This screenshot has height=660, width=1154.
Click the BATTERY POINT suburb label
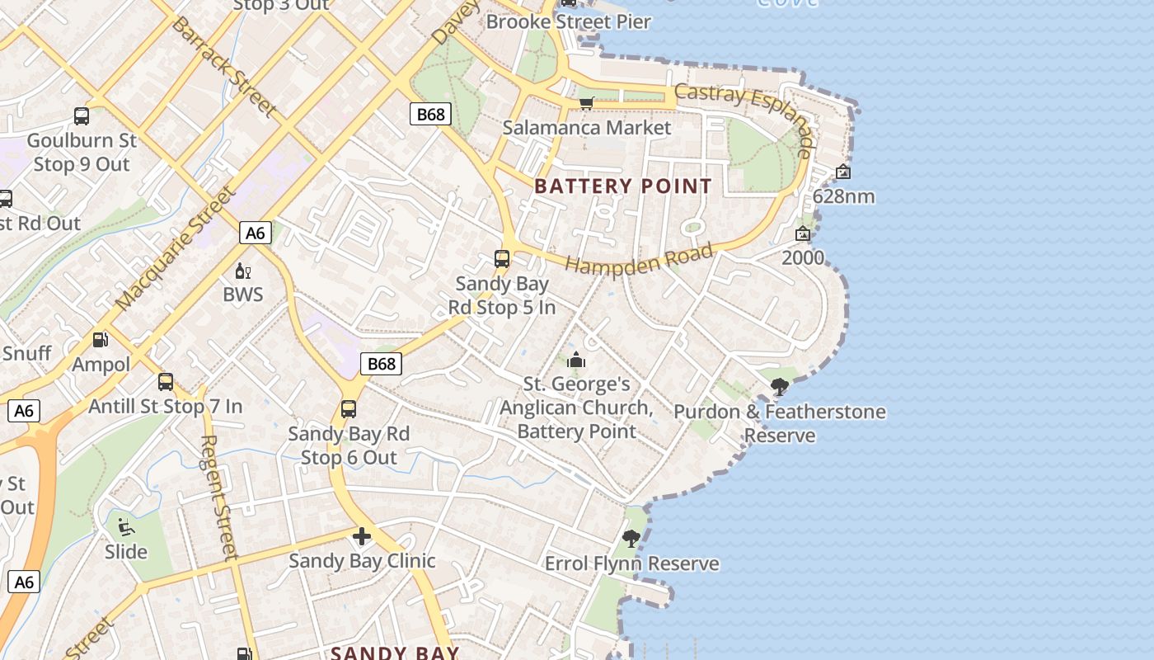click(x=622, y=186)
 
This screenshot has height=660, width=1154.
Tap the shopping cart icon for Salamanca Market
click(x=586, y=103)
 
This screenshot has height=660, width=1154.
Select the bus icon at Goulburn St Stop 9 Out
click(x=82, y=116)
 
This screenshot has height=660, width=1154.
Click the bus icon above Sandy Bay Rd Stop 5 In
click(x=502, y=259)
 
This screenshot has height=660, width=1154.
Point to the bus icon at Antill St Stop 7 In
click(x=166, y=382)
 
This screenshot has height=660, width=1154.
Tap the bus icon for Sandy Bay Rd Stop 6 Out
click(x=349, y=409)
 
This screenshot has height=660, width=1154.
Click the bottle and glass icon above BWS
click(x=243, y=271)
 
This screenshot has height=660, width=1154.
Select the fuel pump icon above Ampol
click(x=101, y=340)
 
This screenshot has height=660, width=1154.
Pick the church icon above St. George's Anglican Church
click(x=576, y=361)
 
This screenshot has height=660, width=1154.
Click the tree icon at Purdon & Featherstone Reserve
click(x=779, y=386)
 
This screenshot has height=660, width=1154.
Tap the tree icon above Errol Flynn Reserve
click(x=631, y=540)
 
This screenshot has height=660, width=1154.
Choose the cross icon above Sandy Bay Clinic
click(x=361, y=537)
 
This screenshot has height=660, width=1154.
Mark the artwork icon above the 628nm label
click(x=842, y=172)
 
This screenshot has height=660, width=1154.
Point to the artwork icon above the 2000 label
click(x=802, y=234)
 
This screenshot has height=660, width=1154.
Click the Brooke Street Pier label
click(x=569, y=22)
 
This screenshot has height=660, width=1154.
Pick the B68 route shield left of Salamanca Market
click(x=430, y=114)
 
